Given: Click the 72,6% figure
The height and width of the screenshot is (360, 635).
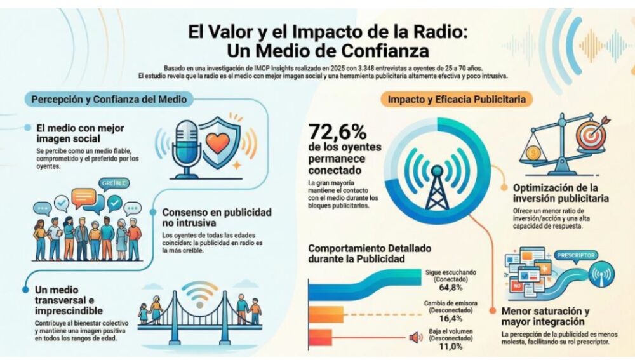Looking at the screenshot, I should (x=337, y=133).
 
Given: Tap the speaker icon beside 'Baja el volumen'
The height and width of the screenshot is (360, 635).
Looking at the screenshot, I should (x=416, y=337).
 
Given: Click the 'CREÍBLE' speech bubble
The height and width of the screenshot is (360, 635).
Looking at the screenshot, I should (x=114, y=183).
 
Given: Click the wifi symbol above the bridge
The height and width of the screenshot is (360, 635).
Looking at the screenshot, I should (x=199, y=293).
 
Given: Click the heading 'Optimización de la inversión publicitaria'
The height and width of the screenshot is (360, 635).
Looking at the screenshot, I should (x=563, y=194).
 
